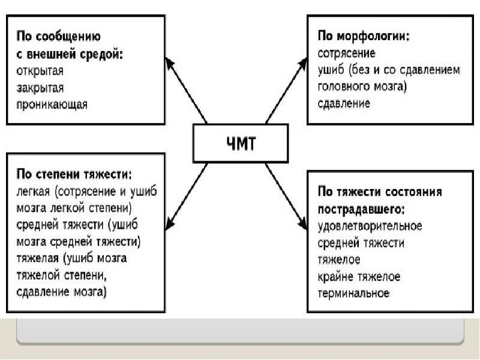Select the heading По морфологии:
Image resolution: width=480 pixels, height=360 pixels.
point(364,37)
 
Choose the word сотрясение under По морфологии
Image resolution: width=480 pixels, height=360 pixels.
point(346,53)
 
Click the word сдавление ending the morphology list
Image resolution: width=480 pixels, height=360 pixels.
point(344,103)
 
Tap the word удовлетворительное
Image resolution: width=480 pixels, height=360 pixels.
point(370,226)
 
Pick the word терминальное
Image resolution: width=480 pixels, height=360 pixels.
point(353,293)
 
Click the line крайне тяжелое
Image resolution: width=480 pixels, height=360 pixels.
point(359,277)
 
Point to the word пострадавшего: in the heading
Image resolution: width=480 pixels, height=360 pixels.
point(361,209)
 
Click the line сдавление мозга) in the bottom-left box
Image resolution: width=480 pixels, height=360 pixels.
point(62,292)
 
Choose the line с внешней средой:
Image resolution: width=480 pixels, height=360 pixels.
point(69,53)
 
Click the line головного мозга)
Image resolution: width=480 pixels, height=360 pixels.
point(362,86)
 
